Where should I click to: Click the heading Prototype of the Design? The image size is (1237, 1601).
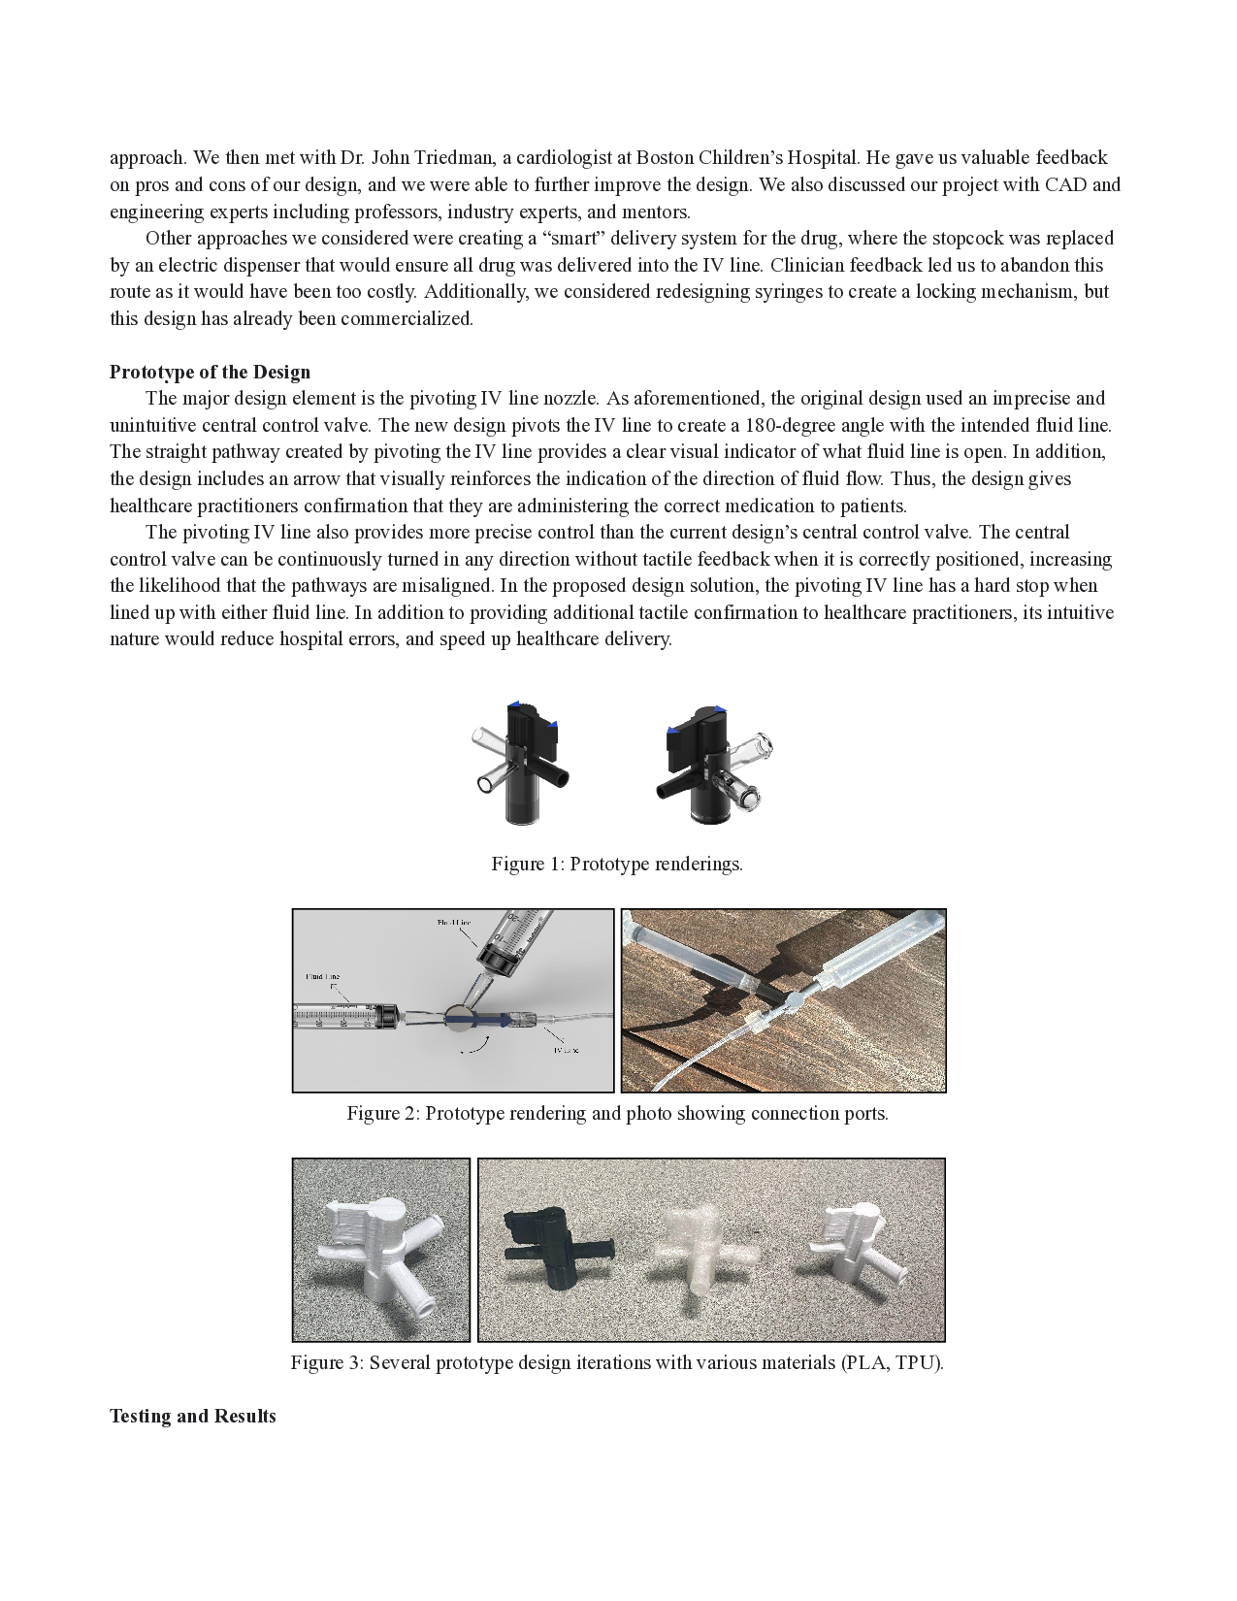tap(210, 373)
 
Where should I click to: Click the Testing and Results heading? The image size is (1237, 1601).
tap(192, 1416)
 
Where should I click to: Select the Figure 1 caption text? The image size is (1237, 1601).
tap(617, 864)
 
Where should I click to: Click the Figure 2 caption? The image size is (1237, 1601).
tap(617, 1113)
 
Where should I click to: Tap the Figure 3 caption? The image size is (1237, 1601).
tap(617, 1362)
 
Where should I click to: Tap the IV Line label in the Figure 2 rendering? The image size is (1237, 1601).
tap(566, 1050)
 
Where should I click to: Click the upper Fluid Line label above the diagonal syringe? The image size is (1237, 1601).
tap(455, 923)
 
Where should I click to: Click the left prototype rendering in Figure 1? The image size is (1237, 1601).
tap(519, 762)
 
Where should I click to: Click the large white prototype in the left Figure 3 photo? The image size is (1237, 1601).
tap(380, 1252)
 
